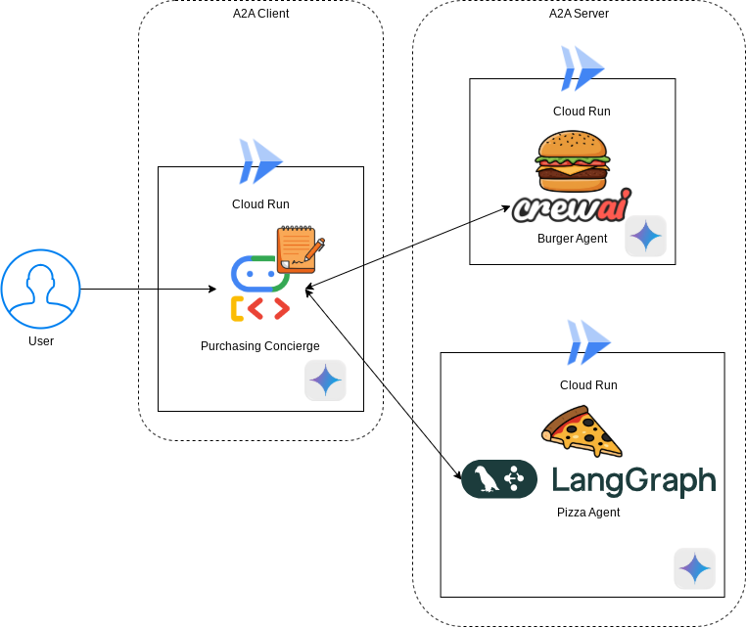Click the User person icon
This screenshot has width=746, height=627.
(40, 290)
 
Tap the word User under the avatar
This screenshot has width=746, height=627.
(40, 341)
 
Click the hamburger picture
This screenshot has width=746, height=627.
(573, 160)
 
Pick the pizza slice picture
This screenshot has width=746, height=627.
(583, 431)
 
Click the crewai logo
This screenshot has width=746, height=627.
(572, 207)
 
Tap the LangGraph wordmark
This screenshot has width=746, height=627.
(633, 480)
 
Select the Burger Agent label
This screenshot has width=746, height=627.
(573, 238)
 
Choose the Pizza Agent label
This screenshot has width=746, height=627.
(588, 512)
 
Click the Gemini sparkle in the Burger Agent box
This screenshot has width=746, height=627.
(646, 236)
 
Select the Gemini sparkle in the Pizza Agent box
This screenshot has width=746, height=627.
(694, 568)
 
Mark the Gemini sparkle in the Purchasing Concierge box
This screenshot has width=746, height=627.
(325, 380)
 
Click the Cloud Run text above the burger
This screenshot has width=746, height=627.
(582, 112)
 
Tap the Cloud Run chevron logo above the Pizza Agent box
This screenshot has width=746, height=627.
(588, 336)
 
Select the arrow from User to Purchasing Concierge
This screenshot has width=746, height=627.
(147, 290)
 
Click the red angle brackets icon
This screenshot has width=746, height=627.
(268, 308)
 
